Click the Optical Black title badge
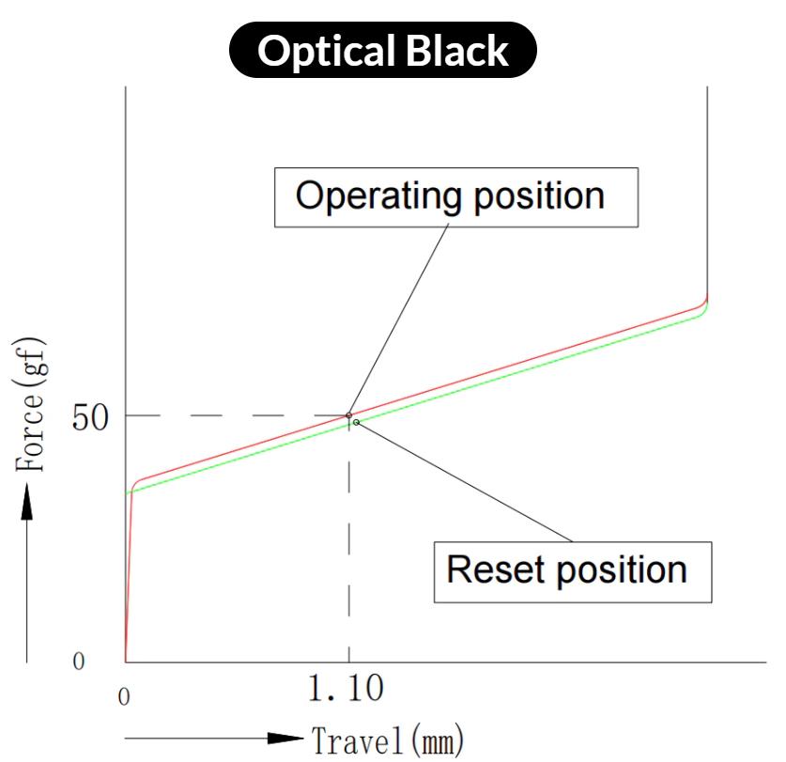pyautogui.click(x=383, y=50)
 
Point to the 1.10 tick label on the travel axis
pyautogui.click(x=346, y=691)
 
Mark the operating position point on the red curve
pyautogui.click(x=348, y=415)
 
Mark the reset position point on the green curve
pyautogui.click(x=356, y=422)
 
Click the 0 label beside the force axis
pyautogui.click(x=79, y=662)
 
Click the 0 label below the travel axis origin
pyautogui.click(x=123, y=698)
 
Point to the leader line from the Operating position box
pyautogui.click(x=394, y=319)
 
